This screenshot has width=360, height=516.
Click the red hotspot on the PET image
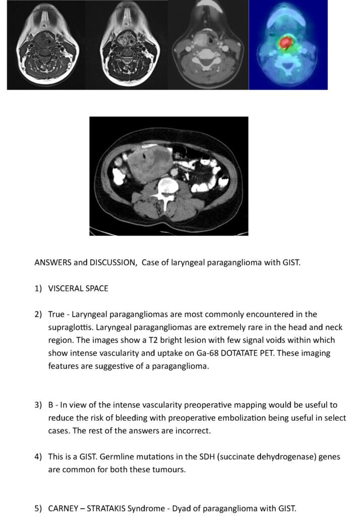286,43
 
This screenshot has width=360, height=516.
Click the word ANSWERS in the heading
53,263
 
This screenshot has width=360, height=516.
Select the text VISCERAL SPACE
78,289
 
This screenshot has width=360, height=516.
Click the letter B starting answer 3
51,405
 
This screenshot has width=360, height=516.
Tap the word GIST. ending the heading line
291,263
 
